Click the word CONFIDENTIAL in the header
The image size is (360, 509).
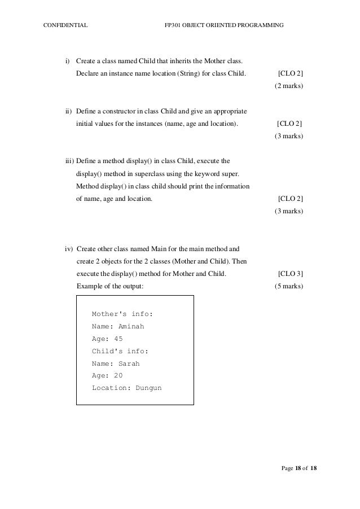65,25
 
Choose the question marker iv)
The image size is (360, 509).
69,248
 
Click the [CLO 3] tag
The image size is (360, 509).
291,274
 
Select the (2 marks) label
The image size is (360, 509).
289,86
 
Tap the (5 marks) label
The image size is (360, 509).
289,286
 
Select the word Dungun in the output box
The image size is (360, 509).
148,388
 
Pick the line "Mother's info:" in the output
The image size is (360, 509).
122,314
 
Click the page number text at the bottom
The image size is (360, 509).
299,468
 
